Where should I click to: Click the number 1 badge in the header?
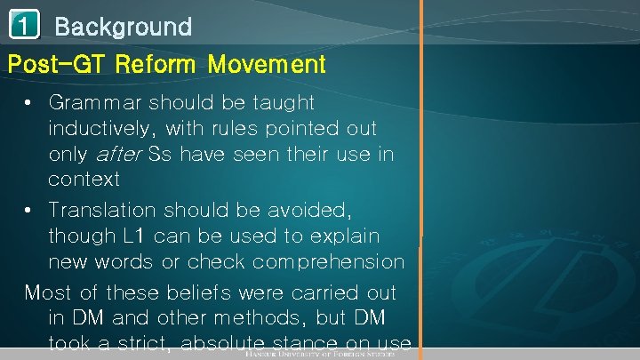24,26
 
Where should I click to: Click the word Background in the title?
123,27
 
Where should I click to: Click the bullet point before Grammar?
31,103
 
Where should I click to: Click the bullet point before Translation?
31,211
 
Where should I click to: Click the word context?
84,180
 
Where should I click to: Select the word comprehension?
328,262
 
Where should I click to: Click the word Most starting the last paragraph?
50,292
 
